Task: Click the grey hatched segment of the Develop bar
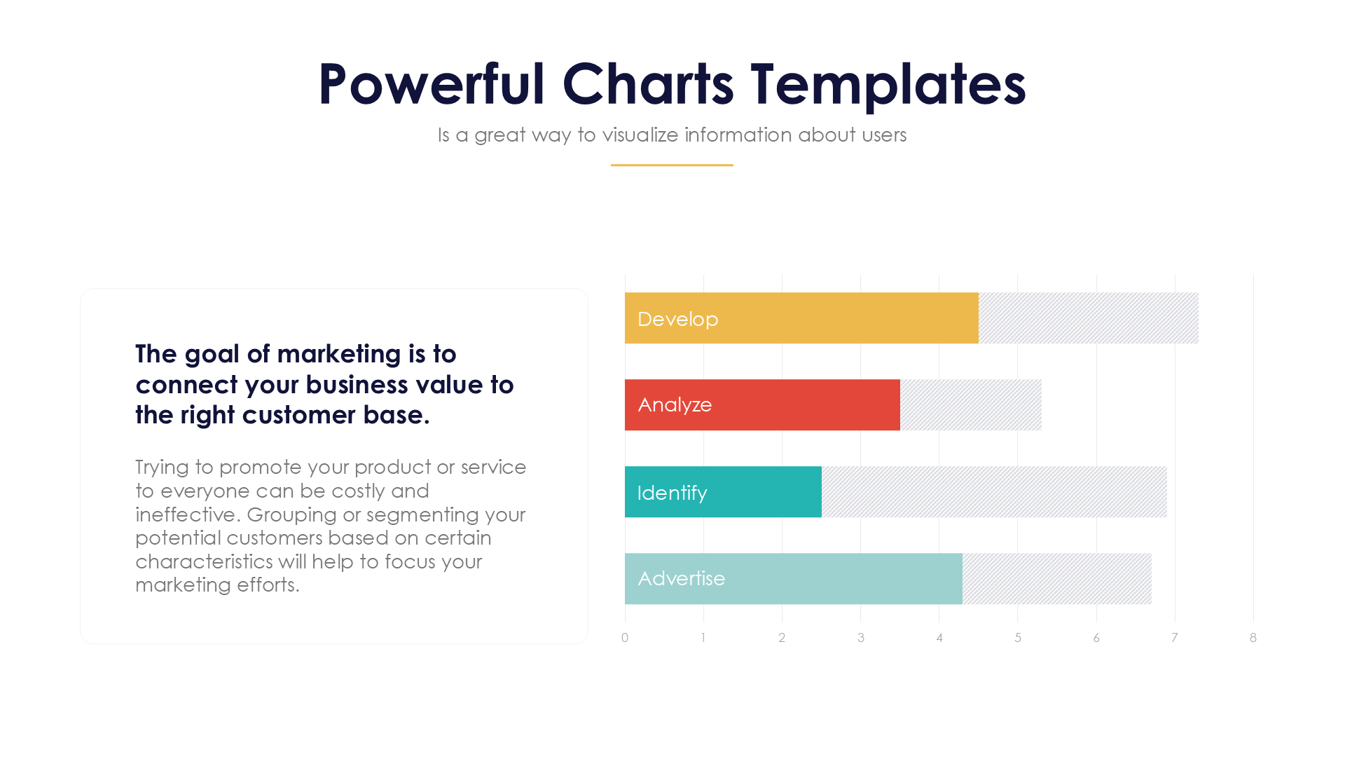pyautogui.click(x=1088, y=318)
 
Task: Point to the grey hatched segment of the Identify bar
pyautogui.click(x=993, y=491)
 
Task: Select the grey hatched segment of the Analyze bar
pyautogui.click(x=970, y=404)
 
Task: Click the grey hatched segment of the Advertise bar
pyautogui.click(x=1056, y=578)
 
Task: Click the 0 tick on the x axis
pyautogui.click(x=625, y=637)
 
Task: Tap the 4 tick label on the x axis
pyautogui.click(x=939, y=637)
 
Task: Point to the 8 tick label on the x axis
pyautogui.click(x=1253, y=637)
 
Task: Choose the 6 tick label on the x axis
pyautogui.click(x=1096, y=637)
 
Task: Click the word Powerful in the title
pyautogui.click(x=431, y=84)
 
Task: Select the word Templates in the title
pyautogui.click(x=888, y=84)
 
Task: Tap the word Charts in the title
pyautogui.click(x=647, y=84)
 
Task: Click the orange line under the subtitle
pyautogui.click(x=672, y=165)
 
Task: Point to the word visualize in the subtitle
pyautogui.click(x=640, y=135)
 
